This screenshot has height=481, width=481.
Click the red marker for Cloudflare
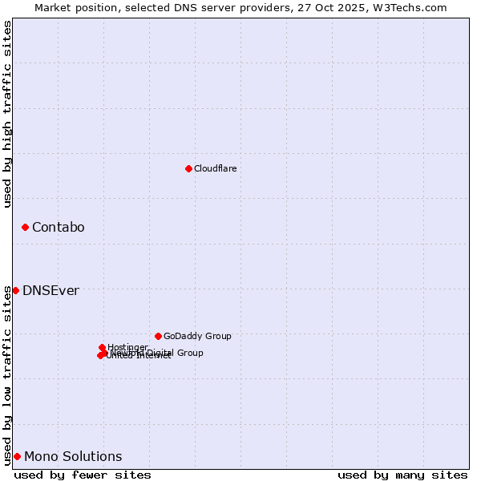pos(188,168)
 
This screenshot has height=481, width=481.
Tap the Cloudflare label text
pos(215,168)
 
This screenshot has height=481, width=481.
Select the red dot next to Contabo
pos(25,228)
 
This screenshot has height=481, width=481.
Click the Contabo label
pos(58,228)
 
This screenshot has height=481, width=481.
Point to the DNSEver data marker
pos(15,290)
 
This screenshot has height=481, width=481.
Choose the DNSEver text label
pos(51,290)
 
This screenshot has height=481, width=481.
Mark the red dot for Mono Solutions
pos(17,456)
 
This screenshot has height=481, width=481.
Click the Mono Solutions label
pos(73,457)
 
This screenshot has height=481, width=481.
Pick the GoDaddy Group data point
pos(158,336)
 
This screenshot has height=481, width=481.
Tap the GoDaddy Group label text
pos(197,336)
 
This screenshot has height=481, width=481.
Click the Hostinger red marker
pos(102,347)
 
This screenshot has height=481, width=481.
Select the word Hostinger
pos(128,347)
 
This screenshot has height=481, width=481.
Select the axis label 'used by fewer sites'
pos(83,475)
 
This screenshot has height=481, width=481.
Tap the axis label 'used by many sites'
pos(402,475)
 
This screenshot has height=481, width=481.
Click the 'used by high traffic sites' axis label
pos(7,114)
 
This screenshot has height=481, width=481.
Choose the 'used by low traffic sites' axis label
pos(7,374)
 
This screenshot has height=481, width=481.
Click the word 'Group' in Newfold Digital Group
pos(190,353)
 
